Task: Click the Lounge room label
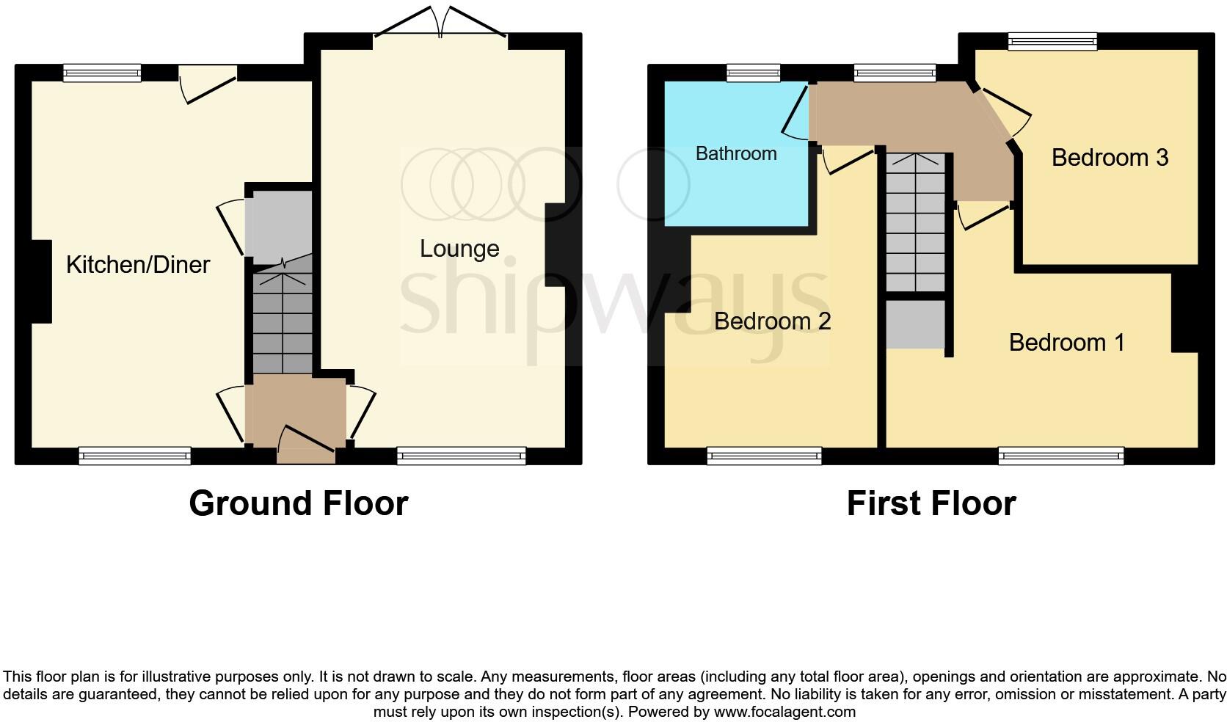point(459,249)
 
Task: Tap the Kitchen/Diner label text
point(138,265)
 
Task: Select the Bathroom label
point(736,153)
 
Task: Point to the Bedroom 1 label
point(1066,343)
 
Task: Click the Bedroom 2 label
point(772,321)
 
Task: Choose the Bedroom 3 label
point(1110,158)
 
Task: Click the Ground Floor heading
point(298,503)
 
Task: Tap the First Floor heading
point(931,503)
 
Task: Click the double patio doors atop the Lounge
point(440,26)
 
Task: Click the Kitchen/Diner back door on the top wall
point(208,82)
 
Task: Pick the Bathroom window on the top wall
point(753,72)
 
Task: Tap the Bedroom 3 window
point(1052,41)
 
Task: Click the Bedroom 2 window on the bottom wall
point(764,456)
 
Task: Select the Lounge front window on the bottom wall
point(461,456)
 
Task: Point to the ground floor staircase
point(283,319)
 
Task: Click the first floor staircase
point(915,224)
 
